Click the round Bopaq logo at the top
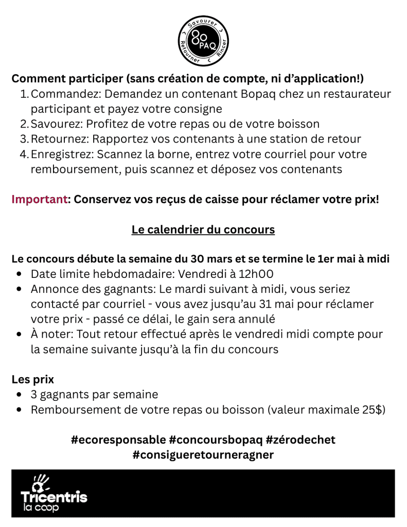point(203,41)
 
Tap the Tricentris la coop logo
point(54,493)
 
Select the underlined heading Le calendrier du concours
point(203,229)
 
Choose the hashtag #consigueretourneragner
point(203,455)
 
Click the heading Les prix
point(33,380)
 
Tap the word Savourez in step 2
point(56,124)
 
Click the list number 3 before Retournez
point(24,139)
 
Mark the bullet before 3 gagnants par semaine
point(19,395)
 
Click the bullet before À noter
point(19,334)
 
